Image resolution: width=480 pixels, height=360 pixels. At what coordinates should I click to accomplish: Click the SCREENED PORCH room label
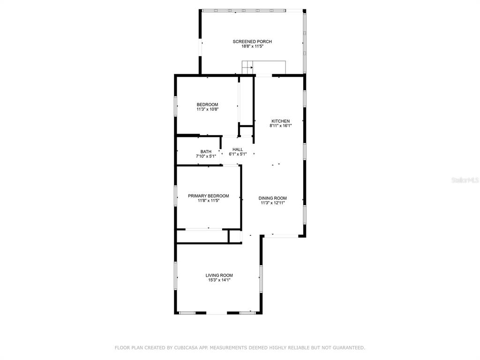252,42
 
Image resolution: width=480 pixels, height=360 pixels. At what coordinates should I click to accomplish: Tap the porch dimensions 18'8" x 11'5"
252,46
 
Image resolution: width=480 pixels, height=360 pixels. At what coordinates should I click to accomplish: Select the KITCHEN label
281,121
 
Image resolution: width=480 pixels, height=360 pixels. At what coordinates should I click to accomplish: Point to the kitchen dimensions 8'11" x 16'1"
281,126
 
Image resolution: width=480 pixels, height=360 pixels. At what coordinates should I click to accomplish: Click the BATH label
206,151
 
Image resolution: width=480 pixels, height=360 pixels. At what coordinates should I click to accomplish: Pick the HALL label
238,150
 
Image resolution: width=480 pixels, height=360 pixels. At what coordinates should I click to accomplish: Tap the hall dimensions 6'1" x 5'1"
238,154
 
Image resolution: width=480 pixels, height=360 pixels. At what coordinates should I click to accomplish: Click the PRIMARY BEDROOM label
209,196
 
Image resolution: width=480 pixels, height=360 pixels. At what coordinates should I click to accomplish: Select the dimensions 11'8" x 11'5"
209,201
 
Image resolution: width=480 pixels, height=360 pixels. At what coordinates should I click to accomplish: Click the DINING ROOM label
273,198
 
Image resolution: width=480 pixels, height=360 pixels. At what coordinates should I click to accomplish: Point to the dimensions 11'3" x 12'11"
273,202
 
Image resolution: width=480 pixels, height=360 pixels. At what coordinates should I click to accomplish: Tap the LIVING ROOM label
219,275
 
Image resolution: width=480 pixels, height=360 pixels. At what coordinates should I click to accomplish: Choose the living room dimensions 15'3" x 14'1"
219,280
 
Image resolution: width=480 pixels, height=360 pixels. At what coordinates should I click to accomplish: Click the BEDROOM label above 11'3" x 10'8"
208,105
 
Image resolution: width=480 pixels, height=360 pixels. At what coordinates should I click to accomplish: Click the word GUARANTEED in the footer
348,347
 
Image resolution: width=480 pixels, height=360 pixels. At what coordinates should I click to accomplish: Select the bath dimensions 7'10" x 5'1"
206,156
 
